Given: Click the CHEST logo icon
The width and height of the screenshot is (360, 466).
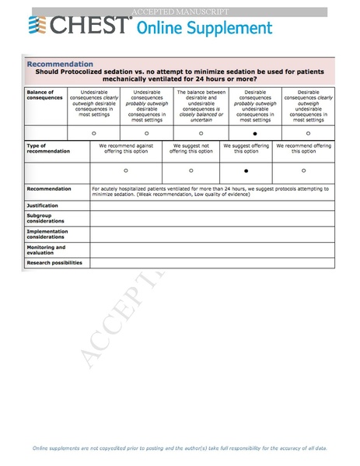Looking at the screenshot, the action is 37,27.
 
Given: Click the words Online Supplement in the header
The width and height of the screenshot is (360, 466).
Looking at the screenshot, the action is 204,28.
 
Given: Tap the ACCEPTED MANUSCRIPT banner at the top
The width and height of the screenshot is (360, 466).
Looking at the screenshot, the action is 180,12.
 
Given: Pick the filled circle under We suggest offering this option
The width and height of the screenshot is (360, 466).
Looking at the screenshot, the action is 246,169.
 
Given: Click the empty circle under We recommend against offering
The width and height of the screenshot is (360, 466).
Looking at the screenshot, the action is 126,169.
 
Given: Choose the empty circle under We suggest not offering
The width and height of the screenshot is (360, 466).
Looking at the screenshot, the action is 191,169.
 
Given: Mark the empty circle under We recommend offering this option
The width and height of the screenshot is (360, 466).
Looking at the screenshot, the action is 303,169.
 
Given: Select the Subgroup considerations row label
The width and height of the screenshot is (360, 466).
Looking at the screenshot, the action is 46,218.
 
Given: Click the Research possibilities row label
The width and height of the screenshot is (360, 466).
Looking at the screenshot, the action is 54,262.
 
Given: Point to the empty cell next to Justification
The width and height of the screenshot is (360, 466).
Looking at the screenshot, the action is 211,205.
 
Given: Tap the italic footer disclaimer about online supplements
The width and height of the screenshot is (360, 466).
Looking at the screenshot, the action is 180,448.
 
